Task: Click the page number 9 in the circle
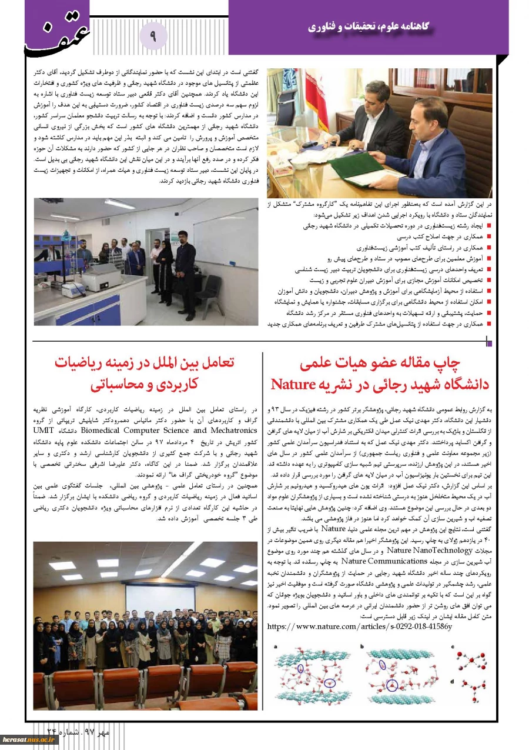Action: [x=153, y=36]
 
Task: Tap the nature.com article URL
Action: [x=359, y=626]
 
